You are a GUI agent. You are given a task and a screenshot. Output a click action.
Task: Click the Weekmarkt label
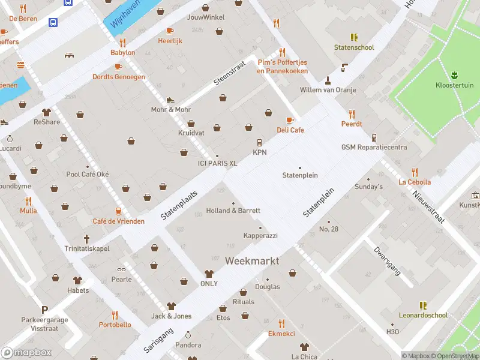(252, 261)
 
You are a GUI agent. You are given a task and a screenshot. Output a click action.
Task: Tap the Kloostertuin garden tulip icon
(454, 75)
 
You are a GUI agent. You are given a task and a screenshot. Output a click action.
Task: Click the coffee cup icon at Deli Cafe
(290, 120)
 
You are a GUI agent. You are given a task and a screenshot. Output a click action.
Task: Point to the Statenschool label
(354, 47)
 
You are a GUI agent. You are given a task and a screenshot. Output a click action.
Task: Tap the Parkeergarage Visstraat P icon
(44, 310)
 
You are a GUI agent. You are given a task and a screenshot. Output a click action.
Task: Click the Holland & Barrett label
(233, 211)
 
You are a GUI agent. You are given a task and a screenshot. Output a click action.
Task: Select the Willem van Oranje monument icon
(328, 80)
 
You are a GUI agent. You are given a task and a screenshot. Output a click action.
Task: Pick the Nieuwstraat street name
(428, 206)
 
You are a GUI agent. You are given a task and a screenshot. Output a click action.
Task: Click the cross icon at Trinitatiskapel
(86, 238)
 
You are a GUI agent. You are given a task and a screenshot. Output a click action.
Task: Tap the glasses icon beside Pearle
(121, 269)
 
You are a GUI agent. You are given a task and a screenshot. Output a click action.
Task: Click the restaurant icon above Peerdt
(352, 113)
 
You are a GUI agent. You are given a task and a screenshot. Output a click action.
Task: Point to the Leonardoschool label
(423, 315)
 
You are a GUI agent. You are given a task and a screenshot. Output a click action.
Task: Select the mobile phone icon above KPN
(259, 142)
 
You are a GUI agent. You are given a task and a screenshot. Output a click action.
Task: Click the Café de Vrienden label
(118, 221)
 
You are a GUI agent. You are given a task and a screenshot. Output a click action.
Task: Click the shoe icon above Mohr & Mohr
(170, 100)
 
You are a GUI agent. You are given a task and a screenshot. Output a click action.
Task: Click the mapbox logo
(27, 352)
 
